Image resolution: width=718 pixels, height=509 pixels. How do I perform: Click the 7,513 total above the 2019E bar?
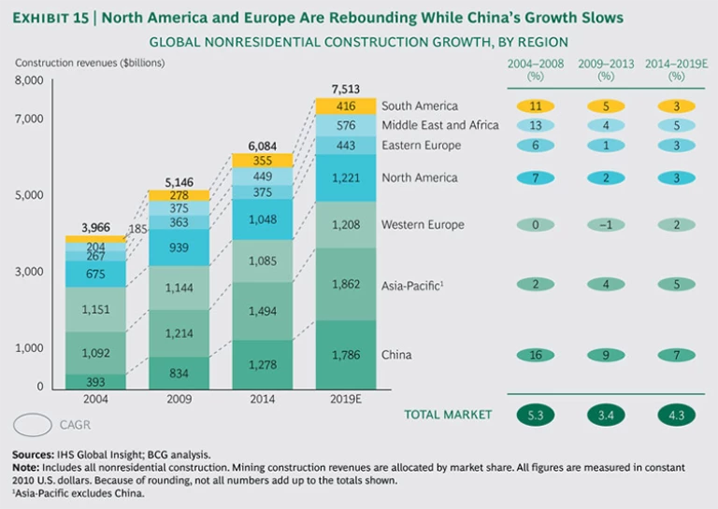point(346,90)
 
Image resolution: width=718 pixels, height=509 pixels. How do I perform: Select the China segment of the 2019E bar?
point(346,355)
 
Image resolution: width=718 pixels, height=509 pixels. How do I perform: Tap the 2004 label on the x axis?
point(95,399)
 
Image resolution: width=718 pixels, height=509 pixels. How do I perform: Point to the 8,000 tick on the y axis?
point(30,80)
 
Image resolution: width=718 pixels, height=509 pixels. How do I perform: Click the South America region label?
point(421,106)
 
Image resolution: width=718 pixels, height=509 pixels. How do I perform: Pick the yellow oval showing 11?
point(535,106)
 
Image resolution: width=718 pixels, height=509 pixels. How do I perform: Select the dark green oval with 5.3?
point(535,414)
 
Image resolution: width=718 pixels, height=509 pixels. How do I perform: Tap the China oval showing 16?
point(535,355)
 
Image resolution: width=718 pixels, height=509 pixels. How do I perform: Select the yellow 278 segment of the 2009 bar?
point(179,195)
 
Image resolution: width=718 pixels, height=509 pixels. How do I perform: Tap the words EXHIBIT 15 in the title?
point(59,18)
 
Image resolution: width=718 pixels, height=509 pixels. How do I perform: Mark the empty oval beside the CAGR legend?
point(35,425)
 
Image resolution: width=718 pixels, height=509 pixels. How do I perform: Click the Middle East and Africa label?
point(439,125)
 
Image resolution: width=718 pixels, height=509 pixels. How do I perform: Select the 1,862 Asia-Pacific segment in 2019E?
point(346,284)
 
